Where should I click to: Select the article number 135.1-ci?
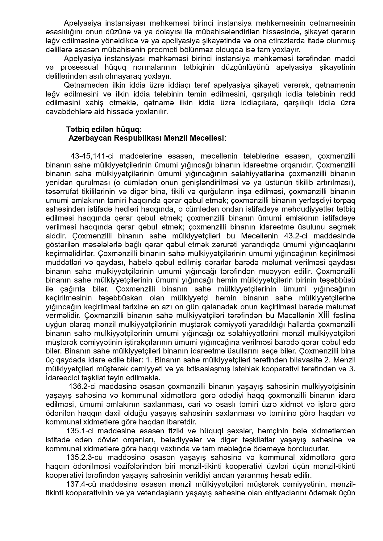pyautogui.click(x=81, y=431)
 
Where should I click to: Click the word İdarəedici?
pyautogui.click(x=60, y=378)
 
